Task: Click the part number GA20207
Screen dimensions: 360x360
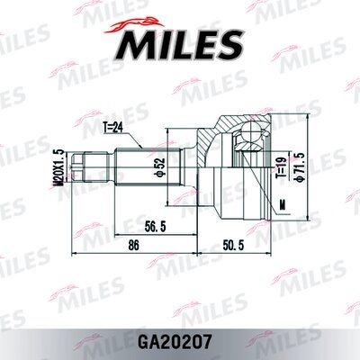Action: [179, 341]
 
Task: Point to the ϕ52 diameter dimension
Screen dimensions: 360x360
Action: [159, 166]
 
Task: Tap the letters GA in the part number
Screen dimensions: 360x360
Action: [155, 341]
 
